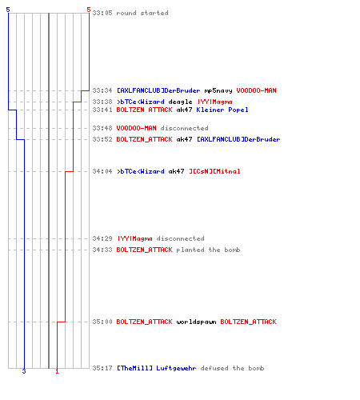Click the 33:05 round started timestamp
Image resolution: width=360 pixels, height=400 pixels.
pyautogui.click(x=102, y=13)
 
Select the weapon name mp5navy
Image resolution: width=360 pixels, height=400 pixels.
pyautogui.click(x=218, y=90)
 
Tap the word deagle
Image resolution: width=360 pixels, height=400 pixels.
pyautogui.click(x=180, y=102)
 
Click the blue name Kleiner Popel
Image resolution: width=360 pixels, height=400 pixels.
pyautogui.click(x=222, y=110)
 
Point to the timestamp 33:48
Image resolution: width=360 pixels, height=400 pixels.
pyautogui.click(x=102, y=128)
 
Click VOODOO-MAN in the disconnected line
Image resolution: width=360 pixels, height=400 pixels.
pyautogui.click(x=136, y=128)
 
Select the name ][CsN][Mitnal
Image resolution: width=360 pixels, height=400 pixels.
pyautogui.click(x=214, y=171)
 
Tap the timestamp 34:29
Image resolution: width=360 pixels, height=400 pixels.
pyautogui.click(x=102, y=238)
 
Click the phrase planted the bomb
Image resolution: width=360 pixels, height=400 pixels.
pyautogui.click(x=208, y=250)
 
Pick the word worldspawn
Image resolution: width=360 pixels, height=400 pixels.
pyautogui.click(x=196, y=322)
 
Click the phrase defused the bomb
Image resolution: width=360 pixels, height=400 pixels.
pyautogui.click(x=232, y=368)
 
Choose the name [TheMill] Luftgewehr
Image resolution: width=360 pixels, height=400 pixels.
pyautogui.click(x=157, y=368)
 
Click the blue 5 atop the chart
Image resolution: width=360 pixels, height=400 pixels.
pyautogui.click(x=8, y=10)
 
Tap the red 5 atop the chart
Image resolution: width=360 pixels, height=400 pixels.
pyautogui.click(x=89, y=10)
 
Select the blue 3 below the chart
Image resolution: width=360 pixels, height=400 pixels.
pyautogui.click(x=24, y=371)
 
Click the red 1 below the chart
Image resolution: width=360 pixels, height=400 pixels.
pyautogui.click(x=57, y=371)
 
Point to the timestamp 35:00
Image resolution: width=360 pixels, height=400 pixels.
pyautogui.click(x=102, y=322)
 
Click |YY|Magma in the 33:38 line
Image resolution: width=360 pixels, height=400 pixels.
pyautogui.click(x=215, y=102)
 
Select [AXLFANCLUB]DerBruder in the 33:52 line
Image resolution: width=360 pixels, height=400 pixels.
pyautogui.click(x=238, y=139)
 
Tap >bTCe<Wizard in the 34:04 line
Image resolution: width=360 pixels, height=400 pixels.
pyautogui.click(x=141, y=171)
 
